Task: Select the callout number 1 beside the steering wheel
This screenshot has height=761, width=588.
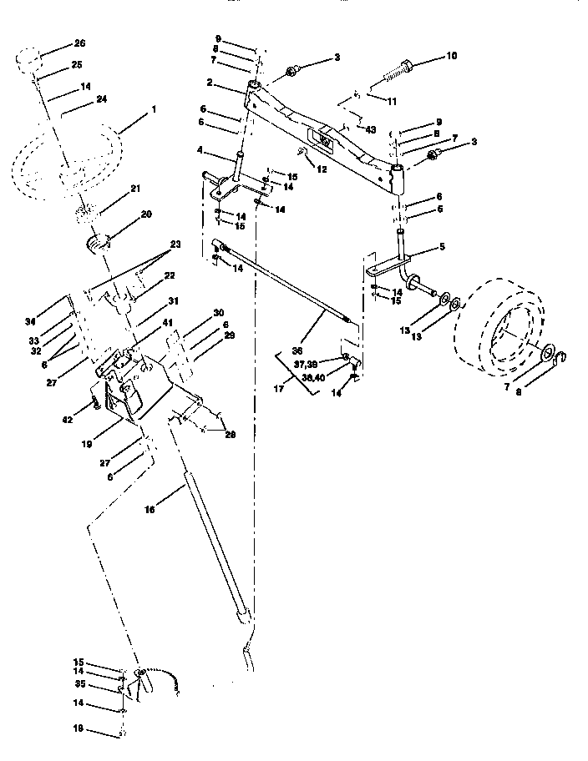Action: click(152, 108)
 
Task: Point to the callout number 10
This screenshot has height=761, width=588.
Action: click(451, 58)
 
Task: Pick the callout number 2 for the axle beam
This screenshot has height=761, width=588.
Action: click(210, 83)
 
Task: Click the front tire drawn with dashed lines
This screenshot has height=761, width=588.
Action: click(499, 327)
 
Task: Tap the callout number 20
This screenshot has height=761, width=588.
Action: click(146, 214)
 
